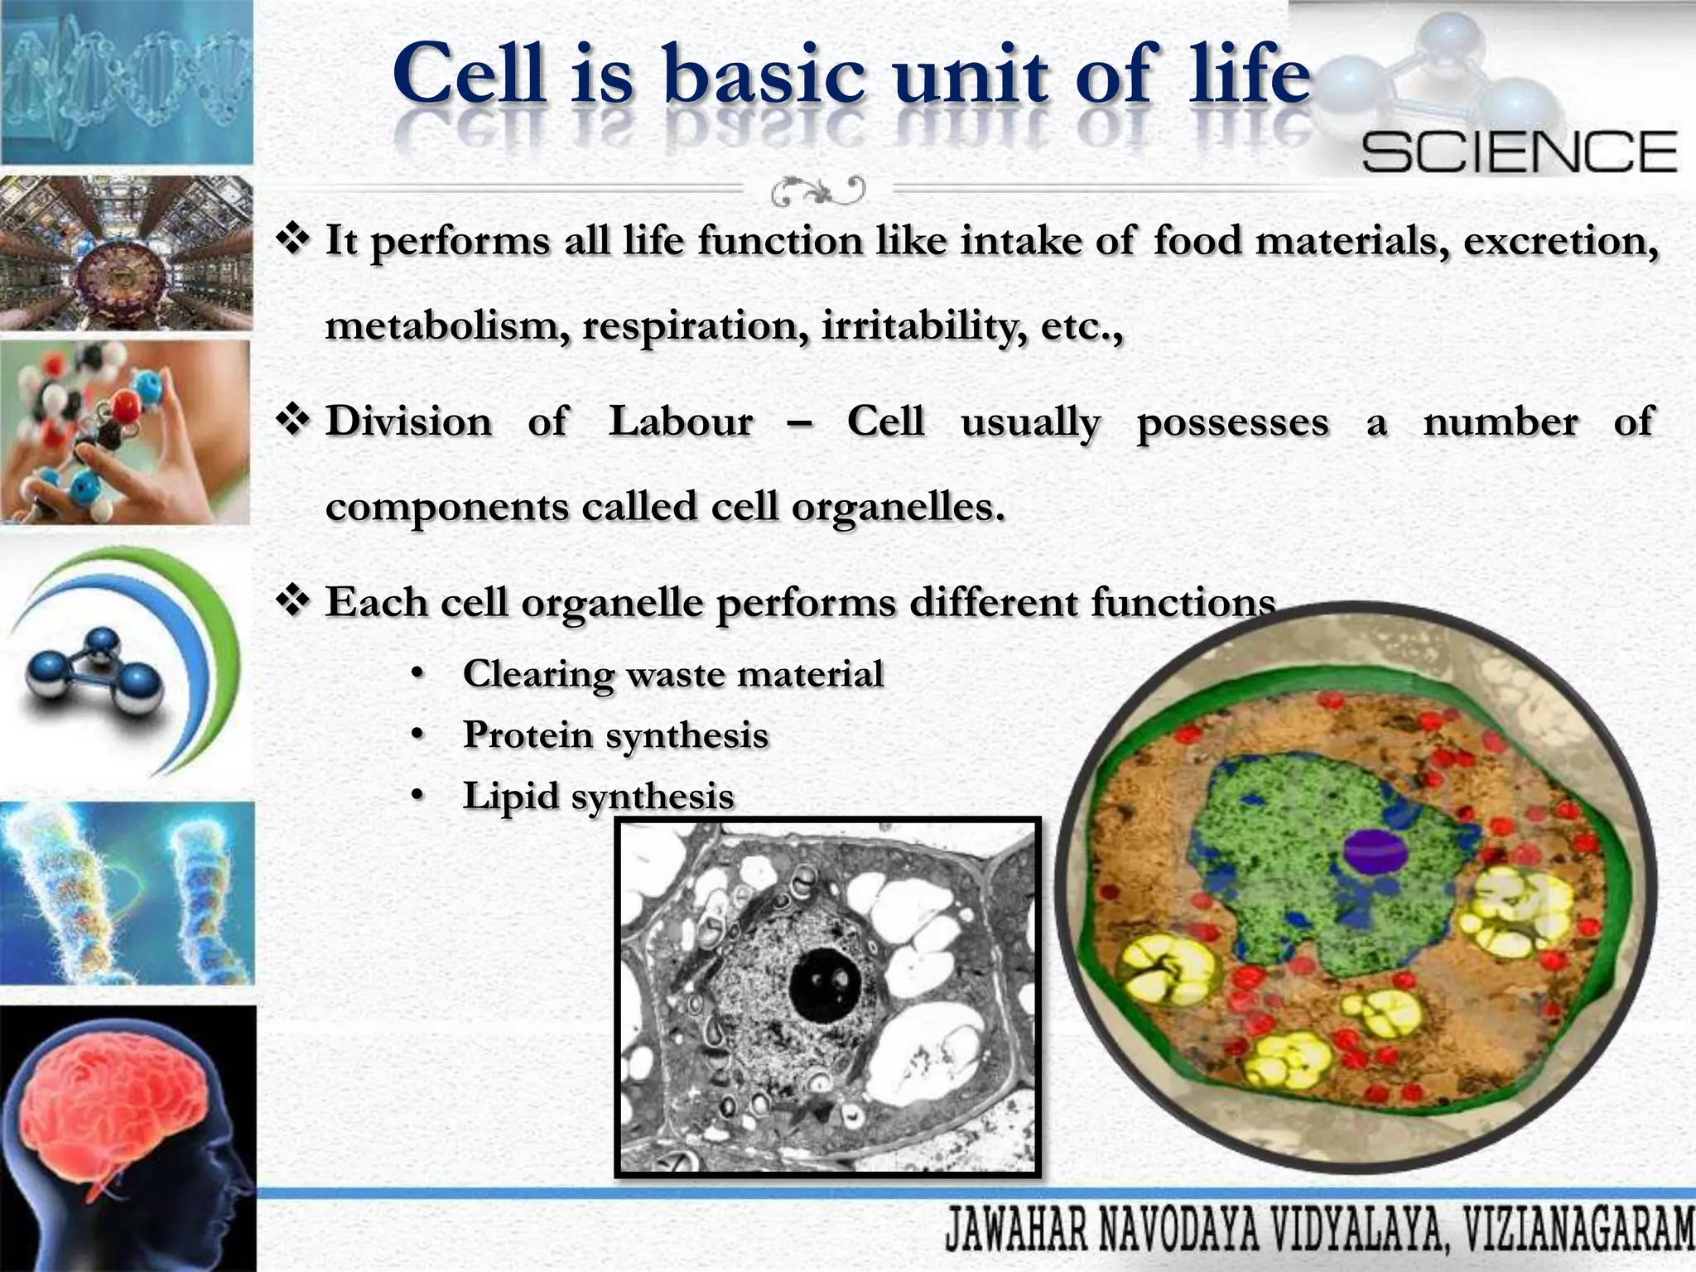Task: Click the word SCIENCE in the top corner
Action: tap(1519, 152)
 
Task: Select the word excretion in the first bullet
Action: tap(1560, 242)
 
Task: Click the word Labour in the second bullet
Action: tap(681, 422)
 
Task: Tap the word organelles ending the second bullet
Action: tap(898, 507)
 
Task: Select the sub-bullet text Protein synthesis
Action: tap(615, 735)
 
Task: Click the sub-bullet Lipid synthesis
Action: tap(598, 797)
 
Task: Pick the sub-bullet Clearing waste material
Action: tap(672, 674)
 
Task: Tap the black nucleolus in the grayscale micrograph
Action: tap(825, 985)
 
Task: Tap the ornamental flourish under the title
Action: tap(818, 191)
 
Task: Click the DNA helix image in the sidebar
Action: tap(126, 83)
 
